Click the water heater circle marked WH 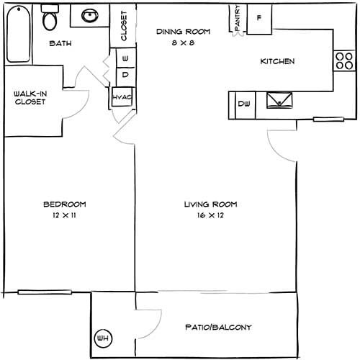(102, 336)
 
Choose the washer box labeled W (124, 58)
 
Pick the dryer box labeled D (124, 74)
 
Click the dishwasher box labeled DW (243, 105)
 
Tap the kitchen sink (279, 101)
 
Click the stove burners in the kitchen (339, 61)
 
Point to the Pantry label (237, 19)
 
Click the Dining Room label (183, 32)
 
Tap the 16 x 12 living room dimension (210, 215)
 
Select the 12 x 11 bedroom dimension (66, 215)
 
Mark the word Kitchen (277, 61)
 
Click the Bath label (61, 44)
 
